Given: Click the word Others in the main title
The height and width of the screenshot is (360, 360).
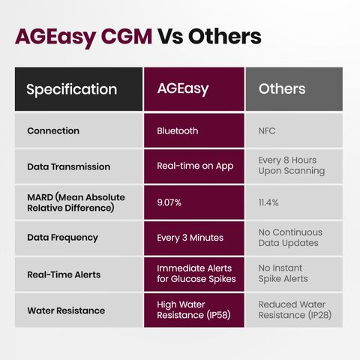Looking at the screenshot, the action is click(225, 37).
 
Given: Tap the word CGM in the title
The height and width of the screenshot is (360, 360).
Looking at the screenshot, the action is click(127, 37).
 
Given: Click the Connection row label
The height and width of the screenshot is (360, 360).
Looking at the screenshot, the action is click(53, 130).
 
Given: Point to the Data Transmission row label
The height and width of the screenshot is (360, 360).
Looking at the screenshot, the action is click(69, 166).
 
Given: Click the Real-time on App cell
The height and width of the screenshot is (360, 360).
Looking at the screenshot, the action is click(195, 166).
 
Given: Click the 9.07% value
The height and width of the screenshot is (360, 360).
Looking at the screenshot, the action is click(169, 202).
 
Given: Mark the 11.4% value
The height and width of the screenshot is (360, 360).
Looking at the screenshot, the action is click(268, 202).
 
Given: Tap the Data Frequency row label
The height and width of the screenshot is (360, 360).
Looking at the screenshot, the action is click(62, 238).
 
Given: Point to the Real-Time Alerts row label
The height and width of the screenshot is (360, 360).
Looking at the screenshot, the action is click(64, 274).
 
